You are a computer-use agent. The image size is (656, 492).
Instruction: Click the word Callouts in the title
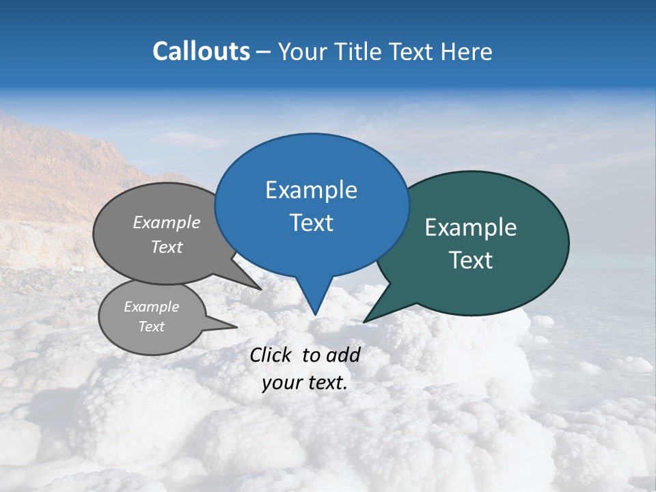click(x=201, y=51)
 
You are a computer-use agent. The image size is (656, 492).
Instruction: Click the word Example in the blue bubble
click(x=311, y=190)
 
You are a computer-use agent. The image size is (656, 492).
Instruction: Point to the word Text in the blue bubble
click(x=311, y=223)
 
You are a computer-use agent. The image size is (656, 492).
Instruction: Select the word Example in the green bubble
click(x=471, y=228)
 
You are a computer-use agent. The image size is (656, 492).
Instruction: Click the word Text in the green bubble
click(x=471, y=260)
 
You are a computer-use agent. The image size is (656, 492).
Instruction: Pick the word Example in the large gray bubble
click(x=167, y=223)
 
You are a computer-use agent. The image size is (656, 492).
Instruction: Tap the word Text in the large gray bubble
click(x=167, y=247)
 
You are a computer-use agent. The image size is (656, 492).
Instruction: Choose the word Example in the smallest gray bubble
click(x=151, y=307)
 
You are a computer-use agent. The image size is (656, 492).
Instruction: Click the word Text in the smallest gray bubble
click(x=151, y=327)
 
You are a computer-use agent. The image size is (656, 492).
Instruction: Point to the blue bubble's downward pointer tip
click(x=315, y=314)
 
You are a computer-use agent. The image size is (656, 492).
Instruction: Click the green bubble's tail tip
click(x=365, y=321)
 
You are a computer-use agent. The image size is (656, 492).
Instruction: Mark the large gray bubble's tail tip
click(x=260, y=289)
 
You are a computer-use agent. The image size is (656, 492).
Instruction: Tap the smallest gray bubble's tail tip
click(x=236, y=327)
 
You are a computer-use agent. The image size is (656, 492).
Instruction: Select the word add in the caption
click(x=343, y=355)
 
